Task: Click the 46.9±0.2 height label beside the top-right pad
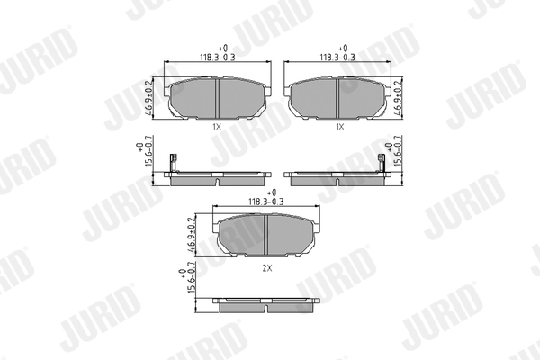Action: [x=397, y=99]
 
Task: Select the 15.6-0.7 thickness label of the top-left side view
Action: [x=142, y=159]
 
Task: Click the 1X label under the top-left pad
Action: [x=217, y=128]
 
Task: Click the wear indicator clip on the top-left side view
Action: [x=179, y=165]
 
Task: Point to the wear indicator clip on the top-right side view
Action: [x=378, y=165]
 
